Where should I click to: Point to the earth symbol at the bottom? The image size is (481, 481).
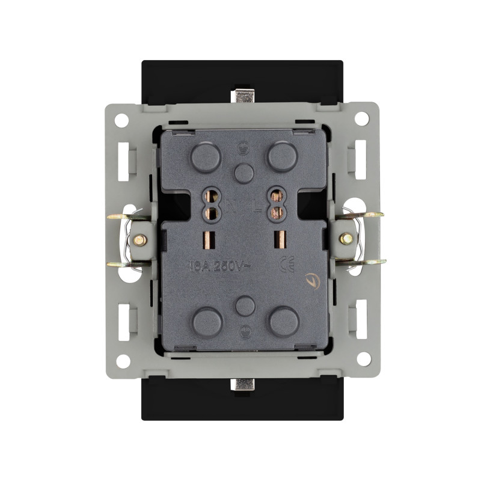click(x=244, y=329)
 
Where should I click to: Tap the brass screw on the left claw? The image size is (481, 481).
click(x=139, y=239)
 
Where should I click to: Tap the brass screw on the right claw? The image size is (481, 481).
click(x=347, y=239)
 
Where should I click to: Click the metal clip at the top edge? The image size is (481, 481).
click(x=244, y=96)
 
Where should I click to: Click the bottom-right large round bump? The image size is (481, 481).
click(x=284, y=322)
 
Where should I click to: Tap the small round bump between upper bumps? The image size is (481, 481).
click(x=244, y=174)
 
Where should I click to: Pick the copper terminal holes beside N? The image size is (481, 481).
click(x=211, y=205)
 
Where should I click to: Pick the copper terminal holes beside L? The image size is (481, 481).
click(x=276, y=205)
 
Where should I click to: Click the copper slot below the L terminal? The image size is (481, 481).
click(x=277, y=239)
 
